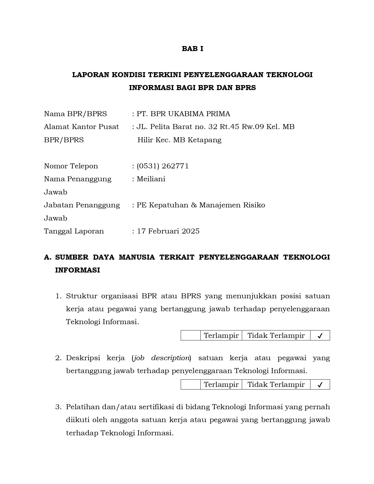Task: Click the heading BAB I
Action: pos(192,49)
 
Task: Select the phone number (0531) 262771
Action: pos(163,166)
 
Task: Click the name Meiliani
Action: pos(151,179)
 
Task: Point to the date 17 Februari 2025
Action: pos(168,231)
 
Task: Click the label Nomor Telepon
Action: pos(71,166)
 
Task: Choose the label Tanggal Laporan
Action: pos(74,231)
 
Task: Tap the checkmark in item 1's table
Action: pos(320,336)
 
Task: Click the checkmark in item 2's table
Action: pos(320,385)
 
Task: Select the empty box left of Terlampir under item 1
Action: pos(191,336)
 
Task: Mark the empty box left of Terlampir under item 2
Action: pos(191,385)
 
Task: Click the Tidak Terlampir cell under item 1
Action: pos(276,336)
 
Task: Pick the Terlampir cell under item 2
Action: pos(221,385)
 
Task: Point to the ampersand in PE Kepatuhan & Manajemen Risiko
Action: pos(194,205)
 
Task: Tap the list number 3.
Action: pos(58,407)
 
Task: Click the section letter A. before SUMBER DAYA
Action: pos(48,257)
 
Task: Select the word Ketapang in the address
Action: pos(204,140)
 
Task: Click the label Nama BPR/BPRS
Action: pos(75,114)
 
